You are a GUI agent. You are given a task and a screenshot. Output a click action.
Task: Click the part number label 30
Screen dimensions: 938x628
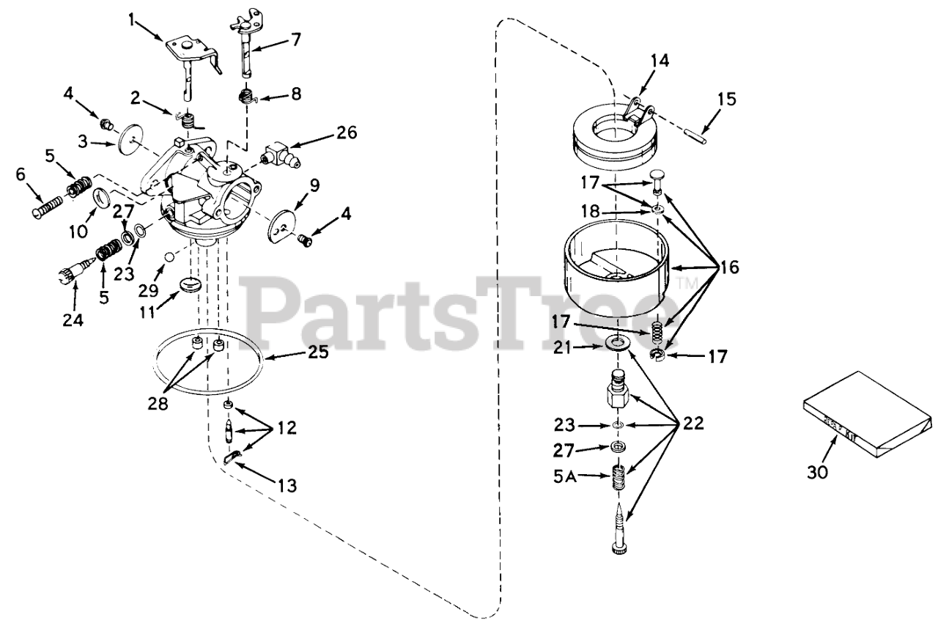coord(818,473)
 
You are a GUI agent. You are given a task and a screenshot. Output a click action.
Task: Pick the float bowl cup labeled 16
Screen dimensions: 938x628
coord(617,264)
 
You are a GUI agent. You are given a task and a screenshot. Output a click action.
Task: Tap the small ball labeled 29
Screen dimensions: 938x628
coord(169,257)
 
